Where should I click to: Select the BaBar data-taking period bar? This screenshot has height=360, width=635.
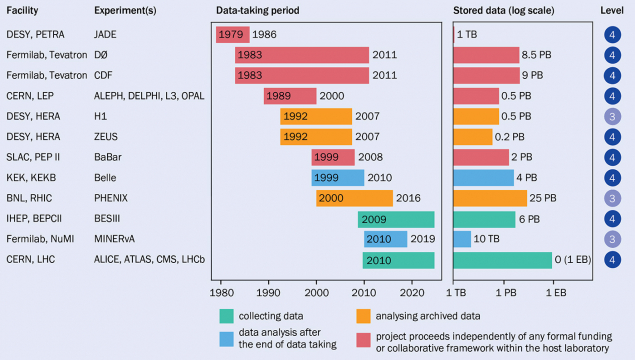[333, 157]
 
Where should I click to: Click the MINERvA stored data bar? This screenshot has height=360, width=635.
[463, 239]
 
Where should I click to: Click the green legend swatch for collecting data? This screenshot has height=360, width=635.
[228, 315]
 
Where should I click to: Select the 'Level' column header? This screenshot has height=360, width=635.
[612, 9]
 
